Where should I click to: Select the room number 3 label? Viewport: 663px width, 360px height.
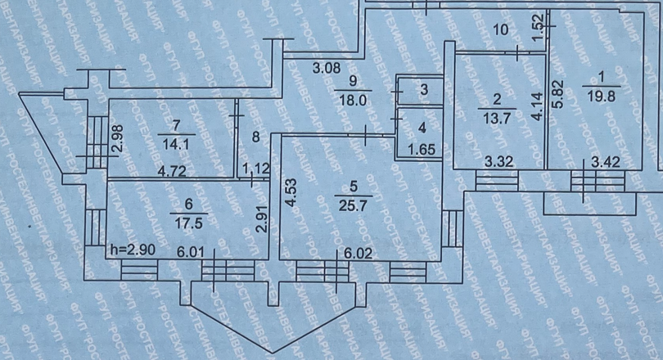(423, 89)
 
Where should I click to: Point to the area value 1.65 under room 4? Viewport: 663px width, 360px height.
(421, 150)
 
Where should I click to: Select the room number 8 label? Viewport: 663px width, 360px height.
(256, 137)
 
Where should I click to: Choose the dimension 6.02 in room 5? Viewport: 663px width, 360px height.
(359, 253)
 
